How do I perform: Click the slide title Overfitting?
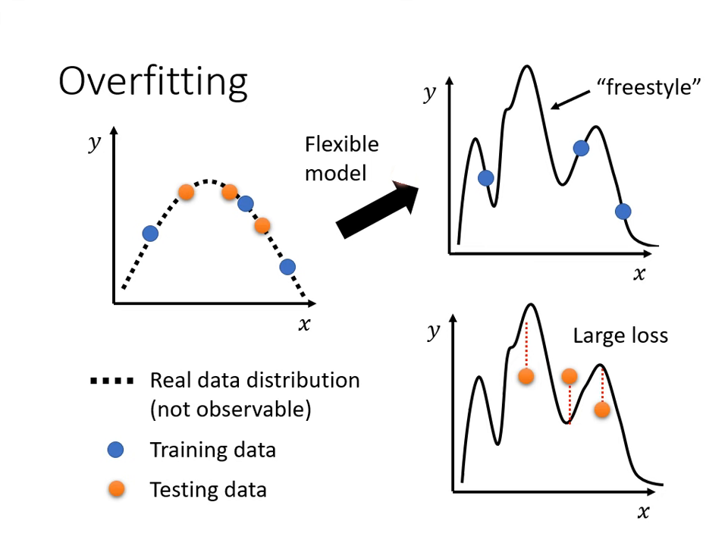(x=153, y=81)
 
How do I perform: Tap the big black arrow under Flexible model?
(x=377, y=209)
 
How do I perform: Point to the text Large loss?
(x=620, y=335)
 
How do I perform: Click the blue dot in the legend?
(x=115, y=450)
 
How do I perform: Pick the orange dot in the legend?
(x=115, y=489)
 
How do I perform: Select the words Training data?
(x=212, y=450)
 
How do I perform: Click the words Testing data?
(x=208, y=489)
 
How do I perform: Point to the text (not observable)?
(x=231, y=409)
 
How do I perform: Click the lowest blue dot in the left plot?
(x=287, y=267)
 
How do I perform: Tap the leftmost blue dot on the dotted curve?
(x=150, y=234)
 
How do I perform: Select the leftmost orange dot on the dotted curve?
(x=186, y=193)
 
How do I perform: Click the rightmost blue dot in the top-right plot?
(x=623, y=212)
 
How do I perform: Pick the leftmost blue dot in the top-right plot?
(x=486, y=178)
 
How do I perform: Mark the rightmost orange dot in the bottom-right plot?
(x=602, y=409)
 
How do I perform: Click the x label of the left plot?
(x=304, y=325)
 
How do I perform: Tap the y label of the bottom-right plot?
(x=433, y=332)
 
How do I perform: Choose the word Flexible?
(x=341, y=144)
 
